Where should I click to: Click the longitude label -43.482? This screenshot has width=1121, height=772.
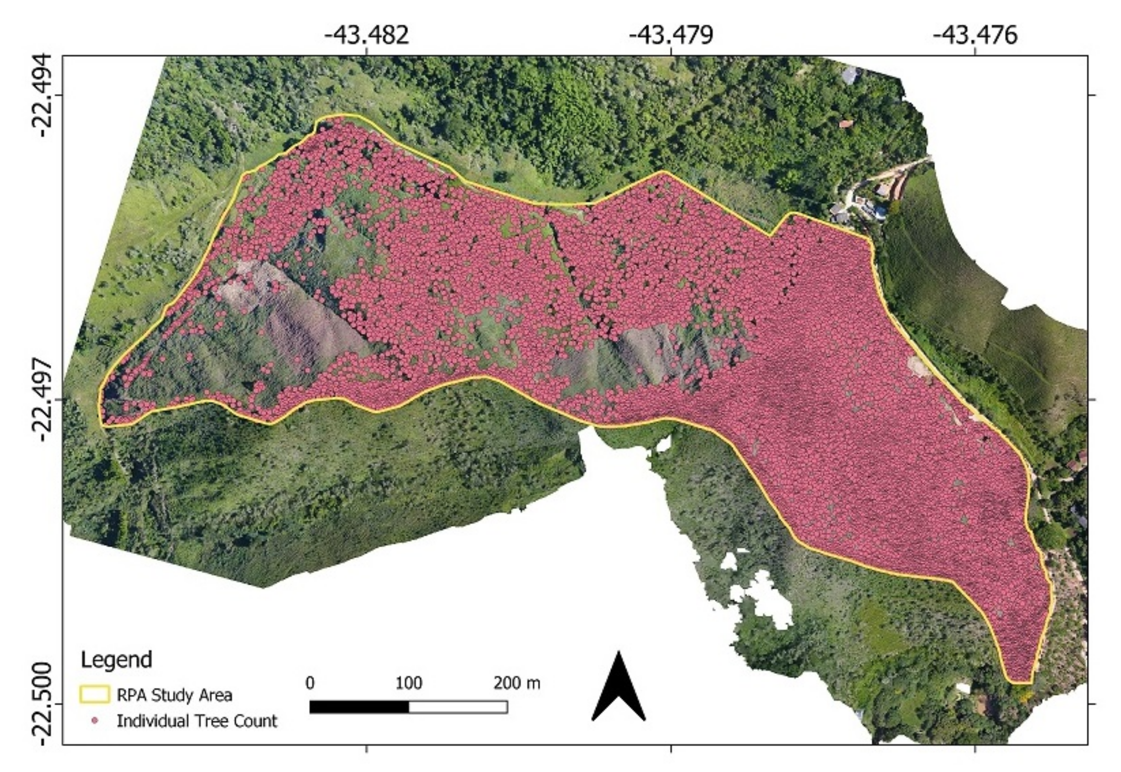pos(367,35)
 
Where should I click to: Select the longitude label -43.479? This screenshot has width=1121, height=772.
pos(671,35)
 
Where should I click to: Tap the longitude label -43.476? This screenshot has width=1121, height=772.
pos(975,35)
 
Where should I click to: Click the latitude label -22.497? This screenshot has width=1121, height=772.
pos(46,399)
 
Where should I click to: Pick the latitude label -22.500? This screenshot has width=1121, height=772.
pos(46,704)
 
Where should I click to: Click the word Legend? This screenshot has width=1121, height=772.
pos(116,659)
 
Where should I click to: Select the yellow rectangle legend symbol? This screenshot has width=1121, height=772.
pos(94,695)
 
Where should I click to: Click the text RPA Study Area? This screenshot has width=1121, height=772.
pos(174,695)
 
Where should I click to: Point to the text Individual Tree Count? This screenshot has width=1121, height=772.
pos(197,721)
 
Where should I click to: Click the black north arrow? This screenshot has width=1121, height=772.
pos(619,692)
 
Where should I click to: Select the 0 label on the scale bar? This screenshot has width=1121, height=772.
pos(310,683)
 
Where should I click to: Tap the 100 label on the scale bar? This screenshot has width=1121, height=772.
pos(408,683)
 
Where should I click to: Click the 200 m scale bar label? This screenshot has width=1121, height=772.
pos(517,683)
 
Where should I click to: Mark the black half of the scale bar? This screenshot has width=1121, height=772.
pos(359,707)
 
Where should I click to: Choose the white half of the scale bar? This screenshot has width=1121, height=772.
pos(458,707)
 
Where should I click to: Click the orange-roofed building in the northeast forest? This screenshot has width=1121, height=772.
pos(846,124)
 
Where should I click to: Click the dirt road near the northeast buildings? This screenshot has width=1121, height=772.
pos(900,169)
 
